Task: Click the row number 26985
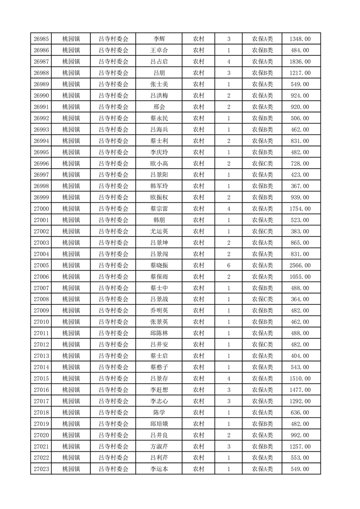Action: pos(41,39)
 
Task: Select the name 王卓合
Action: pos(159,50)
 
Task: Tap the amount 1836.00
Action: pos(300,62)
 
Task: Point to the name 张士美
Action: pos(159,84)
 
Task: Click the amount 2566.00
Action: pos(300,265)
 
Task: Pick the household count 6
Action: pos(228,265)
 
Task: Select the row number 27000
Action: pos(41,209)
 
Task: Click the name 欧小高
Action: pos(159,163)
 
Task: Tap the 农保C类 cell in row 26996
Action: pos(262,163)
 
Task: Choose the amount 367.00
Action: pos(300,186)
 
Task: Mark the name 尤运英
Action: pos(159,231)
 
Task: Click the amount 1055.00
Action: pos(300,277)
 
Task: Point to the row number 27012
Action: pos(41,345)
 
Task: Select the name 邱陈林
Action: pos(159,333)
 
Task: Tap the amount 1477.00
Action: pos(300,390)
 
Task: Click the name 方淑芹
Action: pos(159,446)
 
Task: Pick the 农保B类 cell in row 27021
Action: pos(262,446)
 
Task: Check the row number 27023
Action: pos(41,469)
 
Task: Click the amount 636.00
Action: pos(300,412)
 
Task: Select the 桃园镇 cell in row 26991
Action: pos(71,107)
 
